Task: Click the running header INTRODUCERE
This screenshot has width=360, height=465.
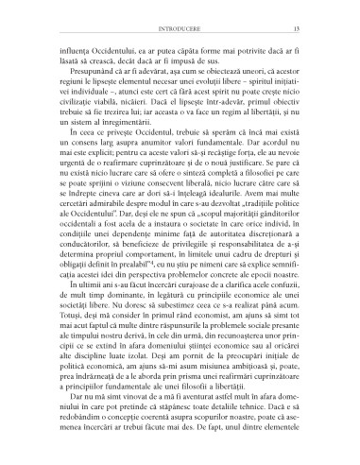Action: (x=180, y=13)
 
